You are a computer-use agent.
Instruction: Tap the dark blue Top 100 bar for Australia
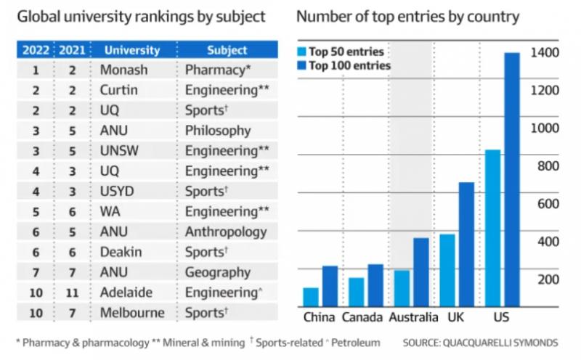(x=421, y=272)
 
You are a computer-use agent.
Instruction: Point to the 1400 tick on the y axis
(x=545, y=53)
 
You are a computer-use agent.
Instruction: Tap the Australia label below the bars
(x=413, y=318)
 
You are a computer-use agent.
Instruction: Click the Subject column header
(x=227, y=51)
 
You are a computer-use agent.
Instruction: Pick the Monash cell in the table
(x=123, y=71)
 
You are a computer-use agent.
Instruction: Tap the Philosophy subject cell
(x=218, y=131)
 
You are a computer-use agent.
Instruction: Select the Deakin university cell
(x=121, y=252)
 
